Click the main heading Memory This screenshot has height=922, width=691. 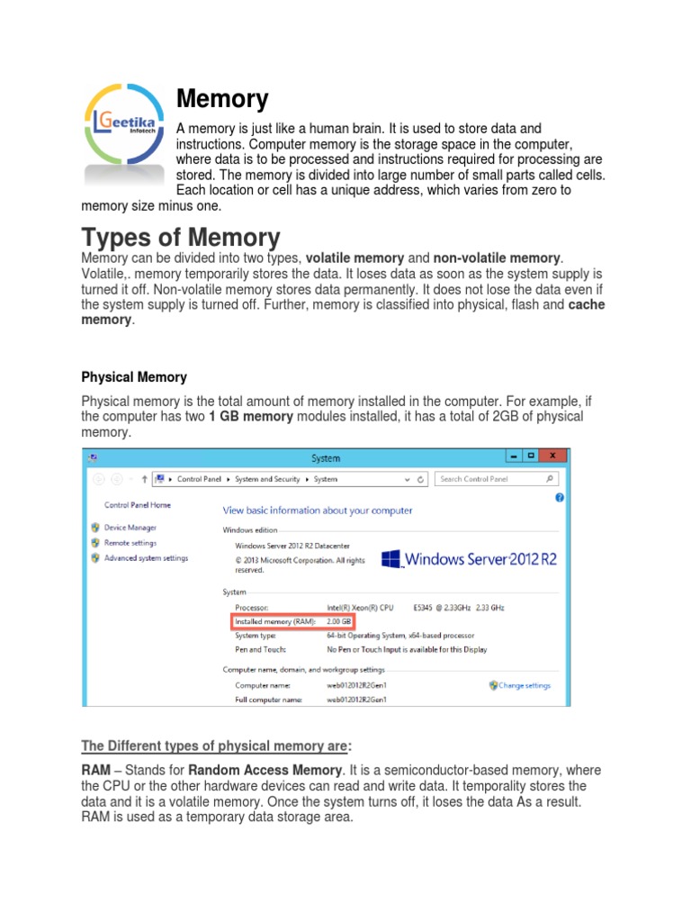point(222,98)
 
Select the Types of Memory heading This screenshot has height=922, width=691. point(181,238)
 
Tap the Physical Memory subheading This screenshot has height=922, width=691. point(134,377)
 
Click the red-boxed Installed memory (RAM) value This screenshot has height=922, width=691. point(339,622)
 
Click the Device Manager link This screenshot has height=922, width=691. point(130,528)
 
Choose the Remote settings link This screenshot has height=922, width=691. point(130,543)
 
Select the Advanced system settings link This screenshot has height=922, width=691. point(146,558)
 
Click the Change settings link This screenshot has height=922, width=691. point(524,685)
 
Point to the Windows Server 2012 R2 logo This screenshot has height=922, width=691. point(470,559)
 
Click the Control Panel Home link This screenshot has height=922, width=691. point(137,505)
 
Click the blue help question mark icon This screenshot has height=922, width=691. point(560,497)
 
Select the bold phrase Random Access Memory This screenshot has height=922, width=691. point(265,770)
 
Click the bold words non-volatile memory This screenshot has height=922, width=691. point(498,259)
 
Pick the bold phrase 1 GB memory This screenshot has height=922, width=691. point(251,417)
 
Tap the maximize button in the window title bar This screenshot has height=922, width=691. point(531,456)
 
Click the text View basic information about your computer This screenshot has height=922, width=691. point(318,511)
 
